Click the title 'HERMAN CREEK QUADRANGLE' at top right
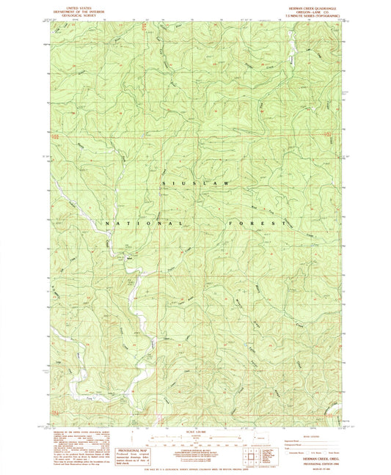pos(307,4)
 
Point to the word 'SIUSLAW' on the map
pos(194,183)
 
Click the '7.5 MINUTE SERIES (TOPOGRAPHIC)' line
pos(307,15)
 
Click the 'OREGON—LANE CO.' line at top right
pos(307,10)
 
